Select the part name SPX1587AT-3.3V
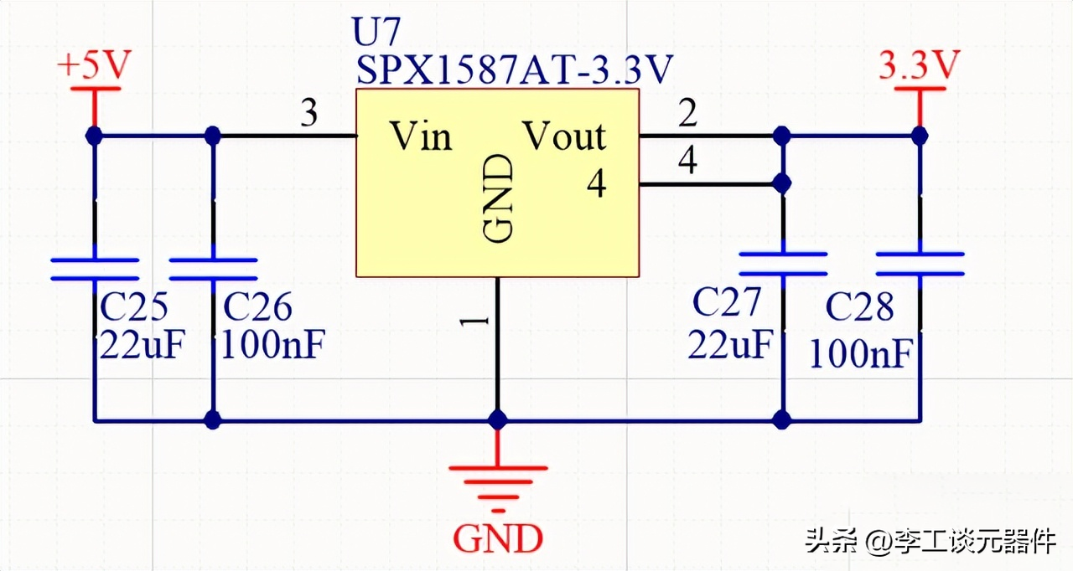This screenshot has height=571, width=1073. [x=514, y=70]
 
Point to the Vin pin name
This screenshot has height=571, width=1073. [x=421, y=136]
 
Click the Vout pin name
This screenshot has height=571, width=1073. [x=564, y=136]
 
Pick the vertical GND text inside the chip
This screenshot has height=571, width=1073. [x=498, y=198]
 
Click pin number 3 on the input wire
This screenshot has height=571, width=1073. [x=309, y=114]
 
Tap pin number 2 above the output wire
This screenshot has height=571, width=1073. [x=687, y=114]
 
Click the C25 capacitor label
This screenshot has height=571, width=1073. [x=133, y=308]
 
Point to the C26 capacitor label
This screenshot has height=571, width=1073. [x=257, y=308]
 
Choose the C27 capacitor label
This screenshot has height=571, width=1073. [x=727, y=303]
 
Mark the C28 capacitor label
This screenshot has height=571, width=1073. [x=859, y=308]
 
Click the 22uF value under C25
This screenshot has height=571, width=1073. [x=141, y=345]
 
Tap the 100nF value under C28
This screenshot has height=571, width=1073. [x=860, y=354]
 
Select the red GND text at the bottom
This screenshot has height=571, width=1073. [x=498, y=538]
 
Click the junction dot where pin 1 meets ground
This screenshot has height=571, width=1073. [x=498, y=419]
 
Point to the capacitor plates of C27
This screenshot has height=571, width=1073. [x=782, y=264]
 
